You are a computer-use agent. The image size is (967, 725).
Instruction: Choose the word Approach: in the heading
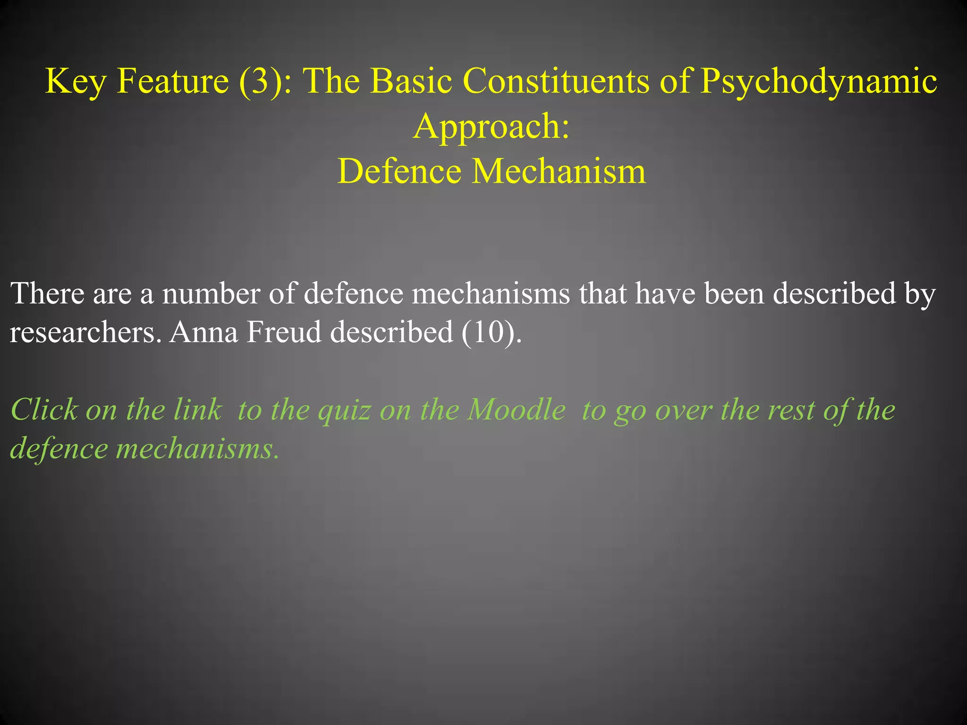point(492,126)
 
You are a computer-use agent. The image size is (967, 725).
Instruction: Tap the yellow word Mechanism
point(559,171)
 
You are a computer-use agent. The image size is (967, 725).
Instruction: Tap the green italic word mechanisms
point(197,448)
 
